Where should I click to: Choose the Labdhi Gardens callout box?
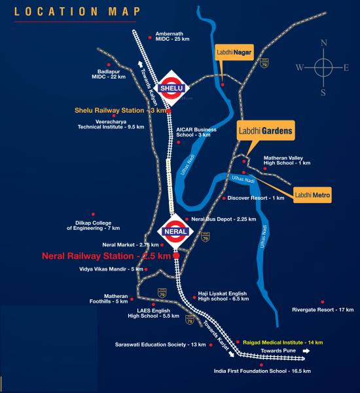point(265,130)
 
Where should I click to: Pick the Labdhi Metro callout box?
point(312,195)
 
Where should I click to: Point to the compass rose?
point(323,67)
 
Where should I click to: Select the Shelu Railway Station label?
point(120,111)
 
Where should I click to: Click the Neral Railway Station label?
point(105,256)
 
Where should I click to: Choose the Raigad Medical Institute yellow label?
point(283,343)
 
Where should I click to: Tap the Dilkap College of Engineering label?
point(94,225)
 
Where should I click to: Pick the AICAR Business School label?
point(196,132)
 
